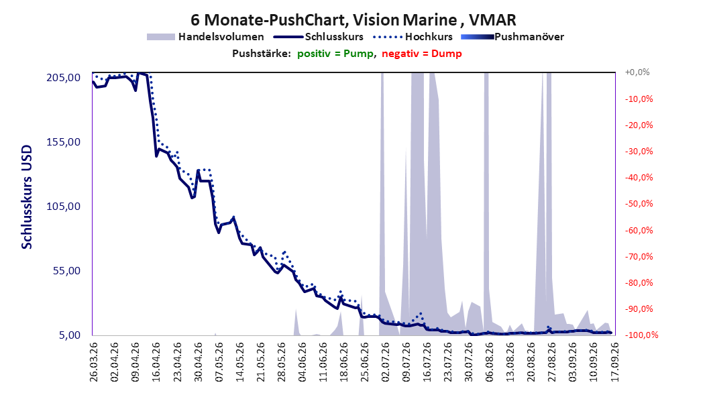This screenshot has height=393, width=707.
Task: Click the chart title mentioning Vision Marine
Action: click(x=353, y=20)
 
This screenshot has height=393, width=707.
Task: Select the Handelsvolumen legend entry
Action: click(x=205, y=37)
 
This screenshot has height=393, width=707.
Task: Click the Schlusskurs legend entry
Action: click(x=319, y=37)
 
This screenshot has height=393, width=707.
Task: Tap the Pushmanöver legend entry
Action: click(x=512, y=37)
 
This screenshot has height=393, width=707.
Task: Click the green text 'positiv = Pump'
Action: click(x=335, y=54)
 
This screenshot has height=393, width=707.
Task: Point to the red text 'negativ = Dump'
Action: click(x=422, y=54)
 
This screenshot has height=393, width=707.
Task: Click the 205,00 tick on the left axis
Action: click(x=64, y=78)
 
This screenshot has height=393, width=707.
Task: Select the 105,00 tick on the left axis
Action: click(x=64, y=207)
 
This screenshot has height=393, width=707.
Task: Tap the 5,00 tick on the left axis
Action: click(x=70, y=335)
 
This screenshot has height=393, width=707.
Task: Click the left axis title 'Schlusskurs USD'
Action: click(x=27, y=197)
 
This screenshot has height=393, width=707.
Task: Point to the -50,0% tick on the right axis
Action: click(x=639, y=204)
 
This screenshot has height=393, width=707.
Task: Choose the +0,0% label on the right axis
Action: click(x=637, y=72)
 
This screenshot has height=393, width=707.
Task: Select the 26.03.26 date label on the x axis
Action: click(x=93, y=362)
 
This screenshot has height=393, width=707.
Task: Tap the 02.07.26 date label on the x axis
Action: click(x=386, y=362)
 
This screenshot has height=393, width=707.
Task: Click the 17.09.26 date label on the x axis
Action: click(x=615, y=362)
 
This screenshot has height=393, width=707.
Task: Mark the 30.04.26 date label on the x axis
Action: click(x=198, y=362)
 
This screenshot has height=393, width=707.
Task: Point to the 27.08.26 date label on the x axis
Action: click(x=552, y=362)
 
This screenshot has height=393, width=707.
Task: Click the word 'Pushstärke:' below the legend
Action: click(x=262, y=54)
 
